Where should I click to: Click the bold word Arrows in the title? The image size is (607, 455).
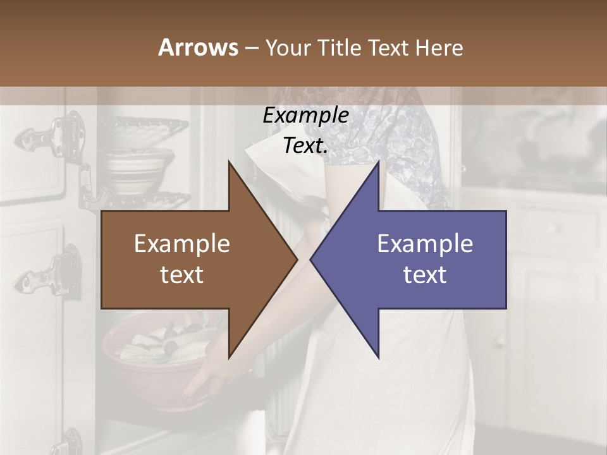[199, 47]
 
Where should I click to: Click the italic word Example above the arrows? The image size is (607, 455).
[305, 116]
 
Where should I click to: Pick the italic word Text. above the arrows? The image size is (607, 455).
[305, 146]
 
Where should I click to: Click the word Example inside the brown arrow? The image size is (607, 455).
[182, 243]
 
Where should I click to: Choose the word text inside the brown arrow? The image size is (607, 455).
[182, 274]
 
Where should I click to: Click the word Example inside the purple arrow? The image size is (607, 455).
[425, 243]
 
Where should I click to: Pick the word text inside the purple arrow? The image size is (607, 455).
[425, 274]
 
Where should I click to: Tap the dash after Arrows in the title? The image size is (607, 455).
[250, 48]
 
